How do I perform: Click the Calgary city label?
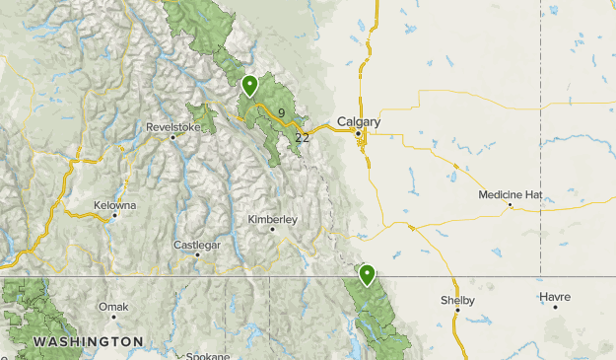coord(359,122)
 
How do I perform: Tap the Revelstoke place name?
coord(172,127)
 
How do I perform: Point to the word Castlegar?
coord(196,244)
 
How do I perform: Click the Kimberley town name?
coord(272,218)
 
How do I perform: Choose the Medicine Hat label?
coord(511,195)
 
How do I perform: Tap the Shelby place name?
coord(457,300)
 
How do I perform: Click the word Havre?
coord(555,296)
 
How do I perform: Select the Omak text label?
coord(112,307)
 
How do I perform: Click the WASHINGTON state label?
coord(88,341)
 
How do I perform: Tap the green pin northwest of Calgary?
coord(250,86)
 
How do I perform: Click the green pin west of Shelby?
coord(368,274)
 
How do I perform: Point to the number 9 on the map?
coord(281,113)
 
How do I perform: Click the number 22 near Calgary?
coord(302,137)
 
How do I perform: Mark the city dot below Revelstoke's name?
coord(172,137)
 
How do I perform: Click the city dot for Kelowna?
coord(114,215)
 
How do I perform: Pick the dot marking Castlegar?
coord(197,254)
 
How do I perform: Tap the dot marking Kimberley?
coord(273,229)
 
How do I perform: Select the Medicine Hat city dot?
coord(510,205)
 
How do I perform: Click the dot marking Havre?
coord(555,307)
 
